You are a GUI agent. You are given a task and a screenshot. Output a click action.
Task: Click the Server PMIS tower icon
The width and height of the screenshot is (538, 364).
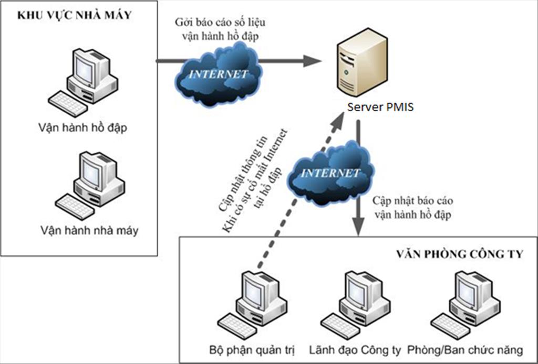click(x=362, y=62)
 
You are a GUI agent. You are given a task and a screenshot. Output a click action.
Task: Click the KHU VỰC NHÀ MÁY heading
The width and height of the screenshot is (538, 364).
click(x=75, y=16)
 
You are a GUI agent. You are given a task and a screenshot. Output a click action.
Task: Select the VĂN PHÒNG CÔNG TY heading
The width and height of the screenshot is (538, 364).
click(x=459, y=255)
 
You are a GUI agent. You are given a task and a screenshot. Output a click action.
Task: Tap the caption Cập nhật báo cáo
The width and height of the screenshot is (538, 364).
click(x=413, y=201)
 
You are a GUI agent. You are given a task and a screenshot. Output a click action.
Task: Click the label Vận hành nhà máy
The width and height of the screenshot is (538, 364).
click(x=88, y=230)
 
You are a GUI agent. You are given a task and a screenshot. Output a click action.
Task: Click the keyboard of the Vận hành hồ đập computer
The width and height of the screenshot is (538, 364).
click(x=67, y=103)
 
